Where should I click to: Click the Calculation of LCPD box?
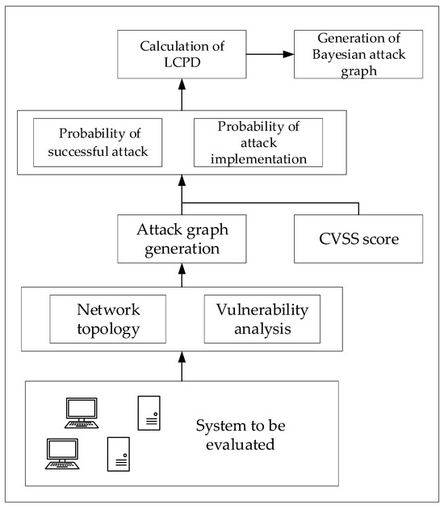pos(182,56)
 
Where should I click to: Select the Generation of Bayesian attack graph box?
pos(346,56)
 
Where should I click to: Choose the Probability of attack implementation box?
pos(258,142)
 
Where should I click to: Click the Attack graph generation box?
pos(182,239)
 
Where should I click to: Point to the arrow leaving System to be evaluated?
pos(182,368)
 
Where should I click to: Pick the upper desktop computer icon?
pos(81,412)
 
